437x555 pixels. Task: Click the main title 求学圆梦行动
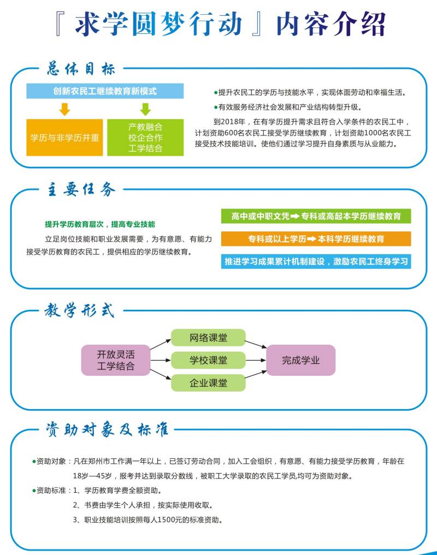tap(158, 24)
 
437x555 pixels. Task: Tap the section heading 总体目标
tap(81, 69)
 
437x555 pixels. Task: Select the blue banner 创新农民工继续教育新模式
tap(105, 91)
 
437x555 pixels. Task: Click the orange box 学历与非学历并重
tap(64, 137)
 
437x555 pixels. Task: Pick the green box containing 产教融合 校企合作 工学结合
tap(145, 137)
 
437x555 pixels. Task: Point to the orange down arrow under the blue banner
tap(64, 109)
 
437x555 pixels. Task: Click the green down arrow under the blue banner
tap(145, 109)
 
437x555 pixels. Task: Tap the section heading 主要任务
tap(81, 190)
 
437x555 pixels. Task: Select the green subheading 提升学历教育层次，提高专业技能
tap(100, 224)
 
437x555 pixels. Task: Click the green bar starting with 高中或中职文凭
tap(316, 216)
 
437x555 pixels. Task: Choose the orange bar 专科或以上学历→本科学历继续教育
tap(316, 239)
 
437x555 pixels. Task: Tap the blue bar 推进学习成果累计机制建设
tap(316, 261)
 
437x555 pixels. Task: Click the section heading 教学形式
tap(80, 311)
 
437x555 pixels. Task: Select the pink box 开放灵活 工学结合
tap(116, 360)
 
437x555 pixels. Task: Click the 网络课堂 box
tap(208, 338)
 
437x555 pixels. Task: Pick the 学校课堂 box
tap(208, 360)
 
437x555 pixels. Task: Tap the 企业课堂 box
tap(208, 382)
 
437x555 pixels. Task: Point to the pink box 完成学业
tap(301, 360)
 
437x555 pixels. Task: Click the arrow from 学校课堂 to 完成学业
tap(256, 361)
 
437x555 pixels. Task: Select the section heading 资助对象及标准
tap(107, 429)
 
